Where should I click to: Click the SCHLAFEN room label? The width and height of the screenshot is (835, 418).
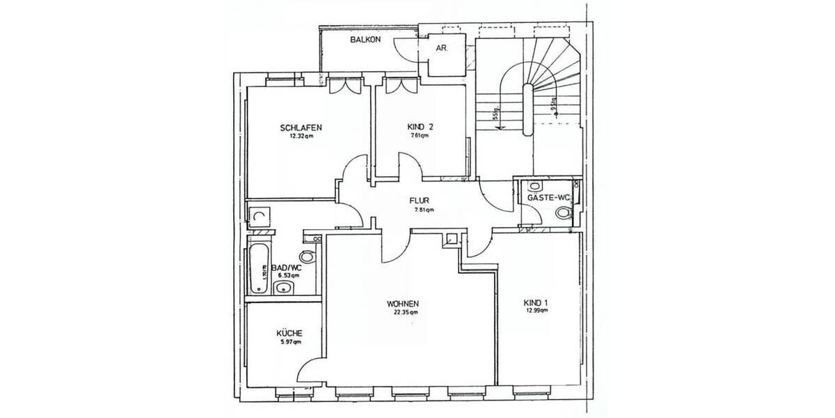point(301,127)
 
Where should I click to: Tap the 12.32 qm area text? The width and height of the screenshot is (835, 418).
point(301,137)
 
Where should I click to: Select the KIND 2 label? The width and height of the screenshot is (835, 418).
point(420,127)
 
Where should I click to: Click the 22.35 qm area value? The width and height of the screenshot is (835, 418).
point(404,313)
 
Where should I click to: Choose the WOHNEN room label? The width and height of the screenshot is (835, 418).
point(404,304)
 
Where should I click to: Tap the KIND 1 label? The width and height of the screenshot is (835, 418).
point(536,302)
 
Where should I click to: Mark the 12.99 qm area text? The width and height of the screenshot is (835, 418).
point(536,311)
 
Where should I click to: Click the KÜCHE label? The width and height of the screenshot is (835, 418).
point(289,334)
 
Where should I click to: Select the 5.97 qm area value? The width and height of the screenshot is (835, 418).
point(289,342)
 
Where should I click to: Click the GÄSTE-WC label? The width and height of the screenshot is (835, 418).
point(549,198)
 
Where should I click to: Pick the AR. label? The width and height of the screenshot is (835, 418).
point(441,49)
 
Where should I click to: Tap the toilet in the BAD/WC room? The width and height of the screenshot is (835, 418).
point(309,255)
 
